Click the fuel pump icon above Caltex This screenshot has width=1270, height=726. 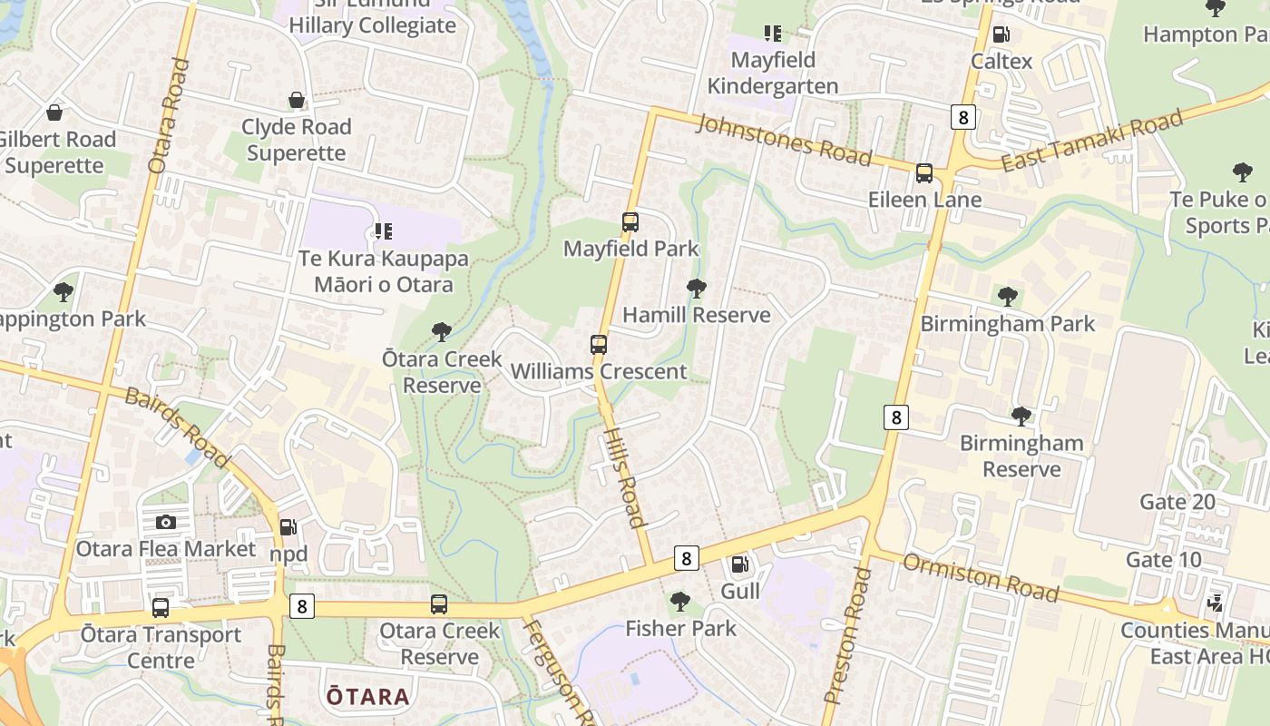[1001, 34]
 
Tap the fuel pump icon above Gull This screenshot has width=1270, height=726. [740, 565]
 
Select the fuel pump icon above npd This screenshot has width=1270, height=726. [288, 526]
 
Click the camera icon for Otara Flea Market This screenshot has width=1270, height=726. [165, 522]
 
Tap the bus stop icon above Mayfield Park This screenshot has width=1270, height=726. [630, 221]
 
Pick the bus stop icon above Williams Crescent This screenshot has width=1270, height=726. [599, 345]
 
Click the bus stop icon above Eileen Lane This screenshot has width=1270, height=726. [924, 172]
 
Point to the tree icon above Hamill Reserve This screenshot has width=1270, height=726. [697, 289]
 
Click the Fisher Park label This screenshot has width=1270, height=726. [680, 628]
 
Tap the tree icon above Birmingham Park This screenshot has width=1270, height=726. [1007, 297]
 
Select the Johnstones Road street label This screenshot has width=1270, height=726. [785, 139]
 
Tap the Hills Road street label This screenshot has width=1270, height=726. [624, 477]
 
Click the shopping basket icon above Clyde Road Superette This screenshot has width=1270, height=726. [297, 100]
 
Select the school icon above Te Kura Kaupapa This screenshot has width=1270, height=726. [383, 231]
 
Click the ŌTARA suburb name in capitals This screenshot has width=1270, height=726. [367, 697]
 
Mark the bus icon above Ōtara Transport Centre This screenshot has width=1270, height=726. [161, 607]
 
